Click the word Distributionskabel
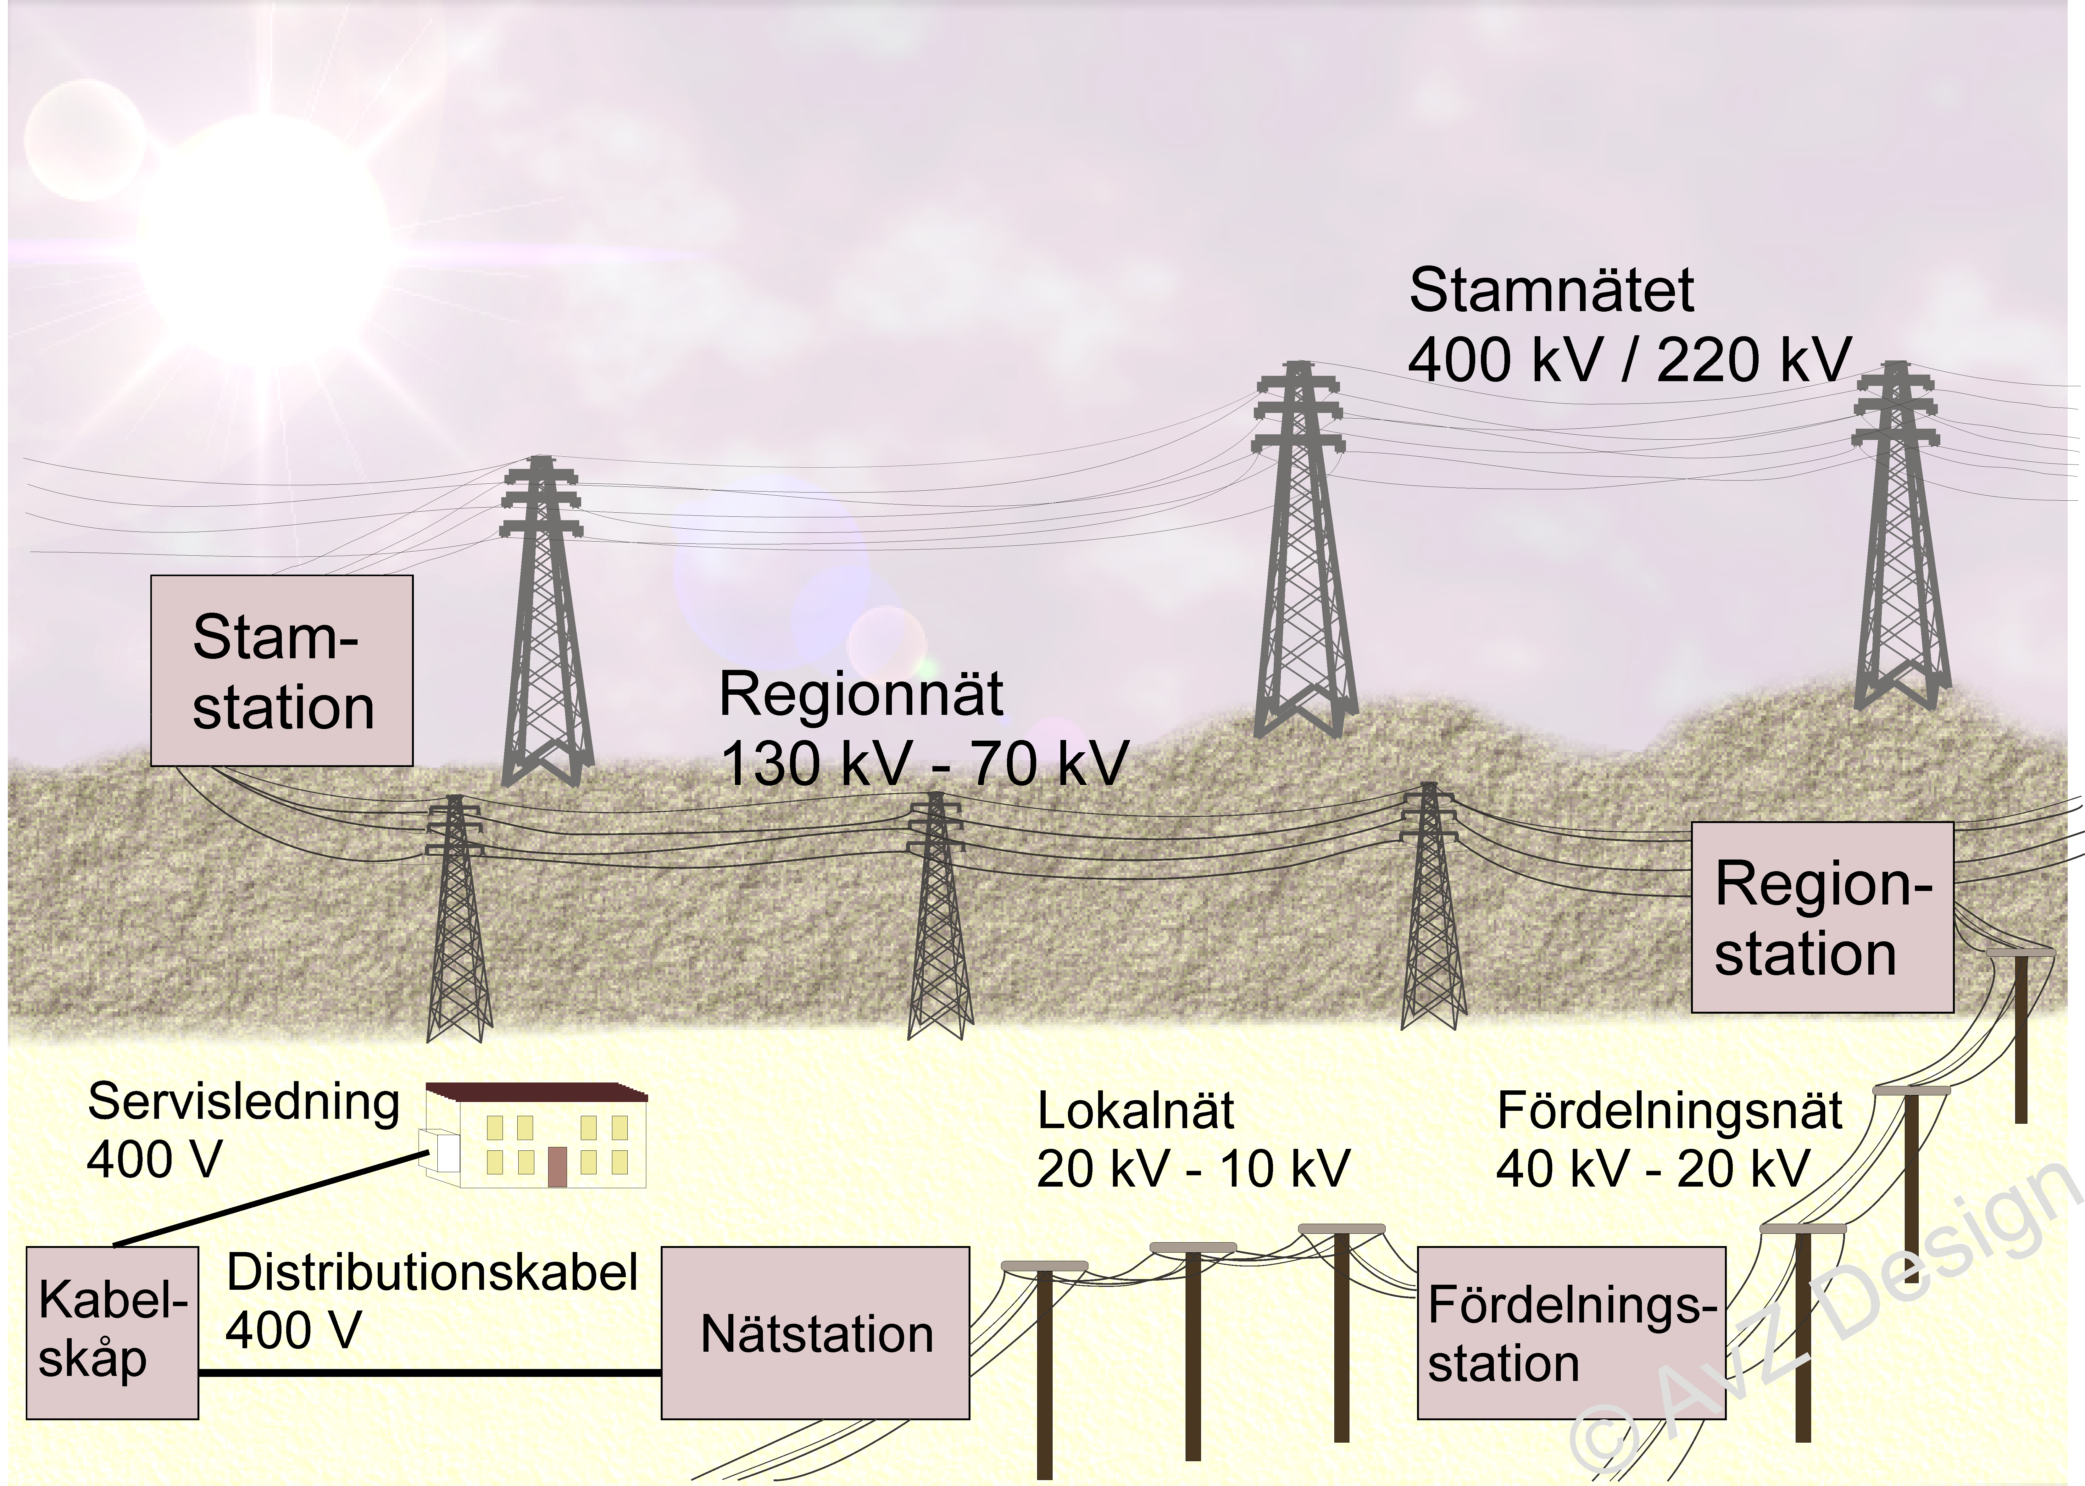(x=432, y=1272)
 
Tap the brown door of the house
(x=556, y=1167)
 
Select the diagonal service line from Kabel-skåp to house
(x=270, y=1199)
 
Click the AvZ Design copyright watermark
(x=1821, y=1318)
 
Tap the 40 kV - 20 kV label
(x=1652, y=1168)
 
